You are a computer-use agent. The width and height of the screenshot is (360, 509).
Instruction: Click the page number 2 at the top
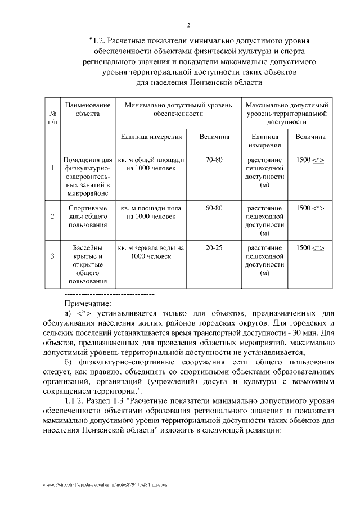(x=188, y=25)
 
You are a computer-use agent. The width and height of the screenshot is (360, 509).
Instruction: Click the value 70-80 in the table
(x=214, y=160)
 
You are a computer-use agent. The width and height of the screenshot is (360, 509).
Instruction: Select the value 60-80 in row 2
(x=214, y=208)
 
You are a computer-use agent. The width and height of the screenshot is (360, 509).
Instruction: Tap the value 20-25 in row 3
(x=214, y=248)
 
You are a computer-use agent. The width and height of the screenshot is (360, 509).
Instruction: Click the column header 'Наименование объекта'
(x=87, y=110)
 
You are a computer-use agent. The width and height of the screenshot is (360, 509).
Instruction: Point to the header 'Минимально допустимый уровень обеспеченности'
(x=178, y=109)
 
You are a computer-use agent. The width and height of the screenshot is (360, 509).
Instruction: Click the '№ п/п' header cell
(x=52, y=117)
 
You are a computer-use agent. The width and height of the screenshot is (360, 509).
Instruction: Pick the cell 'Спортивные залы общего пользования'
(x=87, y=217)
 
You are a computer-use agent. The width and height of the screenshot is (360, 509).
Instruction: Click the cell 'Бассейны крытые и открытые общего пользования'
(x=87, y=264)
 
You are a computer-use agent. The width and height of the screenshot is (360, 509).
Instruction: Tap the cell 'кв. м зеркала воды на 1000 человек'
(x=150, y=252)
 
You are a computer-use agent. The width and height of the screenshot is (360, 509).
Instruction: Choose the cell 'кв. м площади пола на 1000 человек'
(x=150, y=212)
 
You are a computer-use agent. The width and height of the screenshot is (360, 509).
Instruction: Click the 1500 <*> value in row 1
(x=310, y=160)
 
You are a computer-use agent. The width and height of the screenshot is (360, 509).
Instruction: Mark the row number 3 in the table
(x=52, y=256)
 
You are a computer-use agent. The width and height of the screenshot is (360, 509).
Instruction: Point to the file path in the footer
(x=105, y=484)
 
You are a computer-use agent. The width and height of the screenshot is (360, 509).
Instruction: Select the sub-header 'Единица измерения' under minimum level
(x=150, y=137)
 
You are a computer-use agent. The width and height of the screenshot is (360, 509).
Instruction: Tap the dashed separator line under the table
(x=110, y=294)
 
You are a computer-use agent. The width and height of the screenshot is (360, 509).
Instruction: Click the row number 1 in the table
(x=52, y=168)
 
